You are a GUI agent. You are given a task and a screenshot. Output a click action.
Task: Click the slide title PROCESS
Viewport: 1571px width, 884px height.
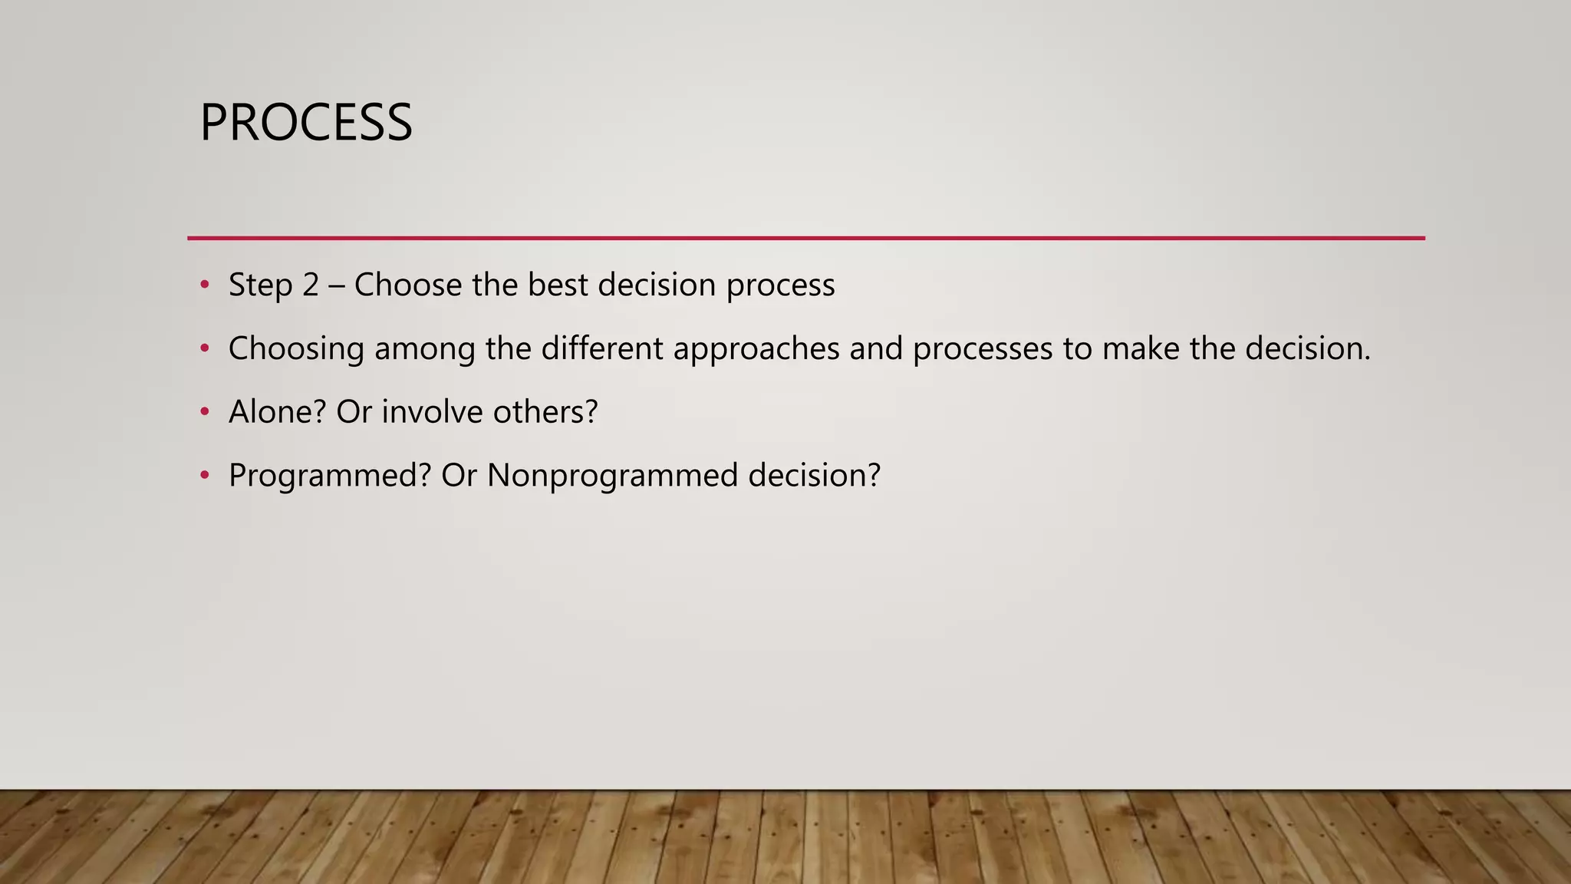coord(305,123)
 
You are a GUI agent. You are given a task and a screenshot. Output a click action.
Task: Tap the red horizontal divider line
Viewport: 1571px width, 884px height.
coord(805,238)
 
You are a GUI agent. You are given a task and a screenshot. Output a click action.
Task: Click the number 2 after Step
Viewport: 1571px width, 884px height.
coord(310,285)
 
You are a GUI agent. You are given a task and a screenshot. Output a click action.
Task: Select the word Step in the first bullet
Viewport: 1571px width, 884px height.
coord(260,285)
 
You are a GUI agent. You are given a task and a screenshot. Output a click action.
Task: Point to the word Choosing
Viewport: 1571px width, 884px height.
coord(296,349)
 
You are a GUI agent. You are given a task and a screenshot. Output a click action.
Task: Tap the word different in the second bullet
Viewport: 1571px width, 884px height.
coord(602,349)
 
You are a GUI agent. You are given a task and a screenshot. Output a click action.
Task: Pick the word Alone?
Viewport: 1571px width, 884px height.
coord(278,412)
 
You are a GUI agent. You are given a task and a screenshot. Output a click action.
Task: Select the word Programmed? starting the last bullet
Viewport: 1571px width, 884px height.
coord(330,476)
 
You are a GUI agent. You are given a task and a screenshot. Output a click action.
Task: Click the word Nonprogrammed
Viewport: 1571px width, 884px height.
coord(612,476)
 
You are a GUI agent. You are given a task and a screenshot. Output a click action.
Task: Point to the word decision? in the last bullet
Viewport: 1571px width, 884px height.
coord(814,476)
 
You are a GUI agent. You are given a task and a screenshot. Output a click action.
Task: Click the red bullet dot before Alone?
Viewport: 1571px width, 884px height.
coord(204,412)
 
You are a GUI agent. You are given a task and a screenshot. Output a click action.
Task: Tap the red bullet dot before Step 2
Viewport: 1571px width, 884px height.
coord(204,285)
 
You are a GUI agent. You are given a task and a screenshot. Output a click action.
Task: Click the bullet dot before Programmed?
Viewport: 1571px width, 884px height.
coord(204,476)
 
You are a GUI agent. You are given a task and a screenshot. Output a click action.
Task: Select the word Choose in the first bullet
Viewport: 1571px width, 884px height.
coord(408,285)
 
